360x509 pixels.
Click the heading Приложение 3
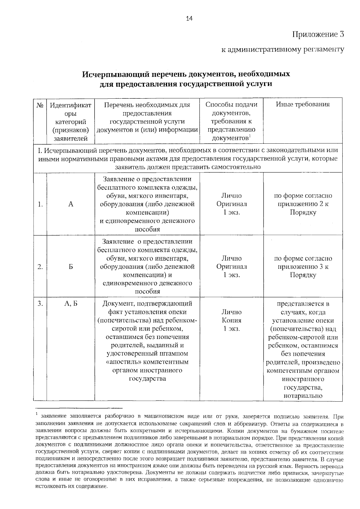tap(318, 34)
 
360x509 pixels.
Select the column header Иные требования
tap(303, 104)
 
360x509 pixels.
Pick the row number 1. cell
tap(40, 204)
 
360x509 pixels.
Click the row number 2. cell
tap(40, 267)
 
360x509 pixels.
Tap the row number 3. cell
tap(40, 304)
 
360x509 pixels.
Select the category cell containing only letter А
tap(71, 204)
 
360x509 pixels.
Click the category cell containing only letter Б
tap(71, 267)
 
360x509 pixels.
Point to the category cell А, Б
tap(71, 304)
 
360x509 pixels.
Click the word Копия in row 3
tap(232, 320)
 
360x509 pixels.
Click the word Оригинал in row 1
tap(232, 204)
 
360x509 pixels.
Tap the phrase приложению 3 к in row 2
tap(303, 267)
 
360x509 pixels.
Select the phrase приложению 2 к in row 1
tap(303, 204)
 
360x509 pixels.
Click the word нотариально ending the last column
tap(303, 396)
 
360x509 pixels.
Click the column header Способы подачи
tap(232, 104)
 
